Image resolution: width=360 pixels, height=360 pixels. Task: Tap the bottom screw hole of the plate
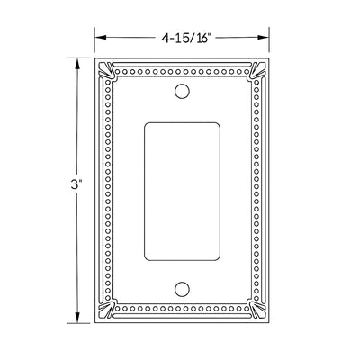pos(183,289)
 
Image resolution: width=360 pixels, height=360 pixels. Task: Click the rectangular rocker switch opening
pos(183,190)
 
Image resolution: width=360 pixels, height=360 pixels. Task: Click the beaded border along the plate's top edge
pos(183,66)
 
